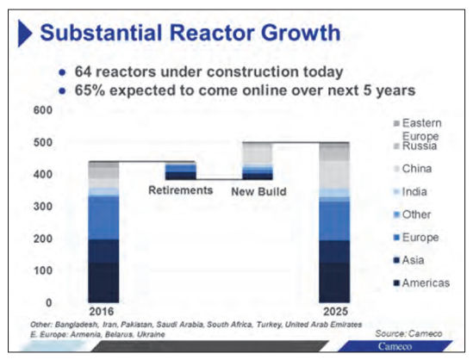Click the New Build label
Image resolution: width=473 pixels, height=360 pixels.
click(259, 189)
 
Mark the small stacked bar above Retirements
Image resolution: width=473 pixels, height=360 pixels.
click(180, 171)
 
